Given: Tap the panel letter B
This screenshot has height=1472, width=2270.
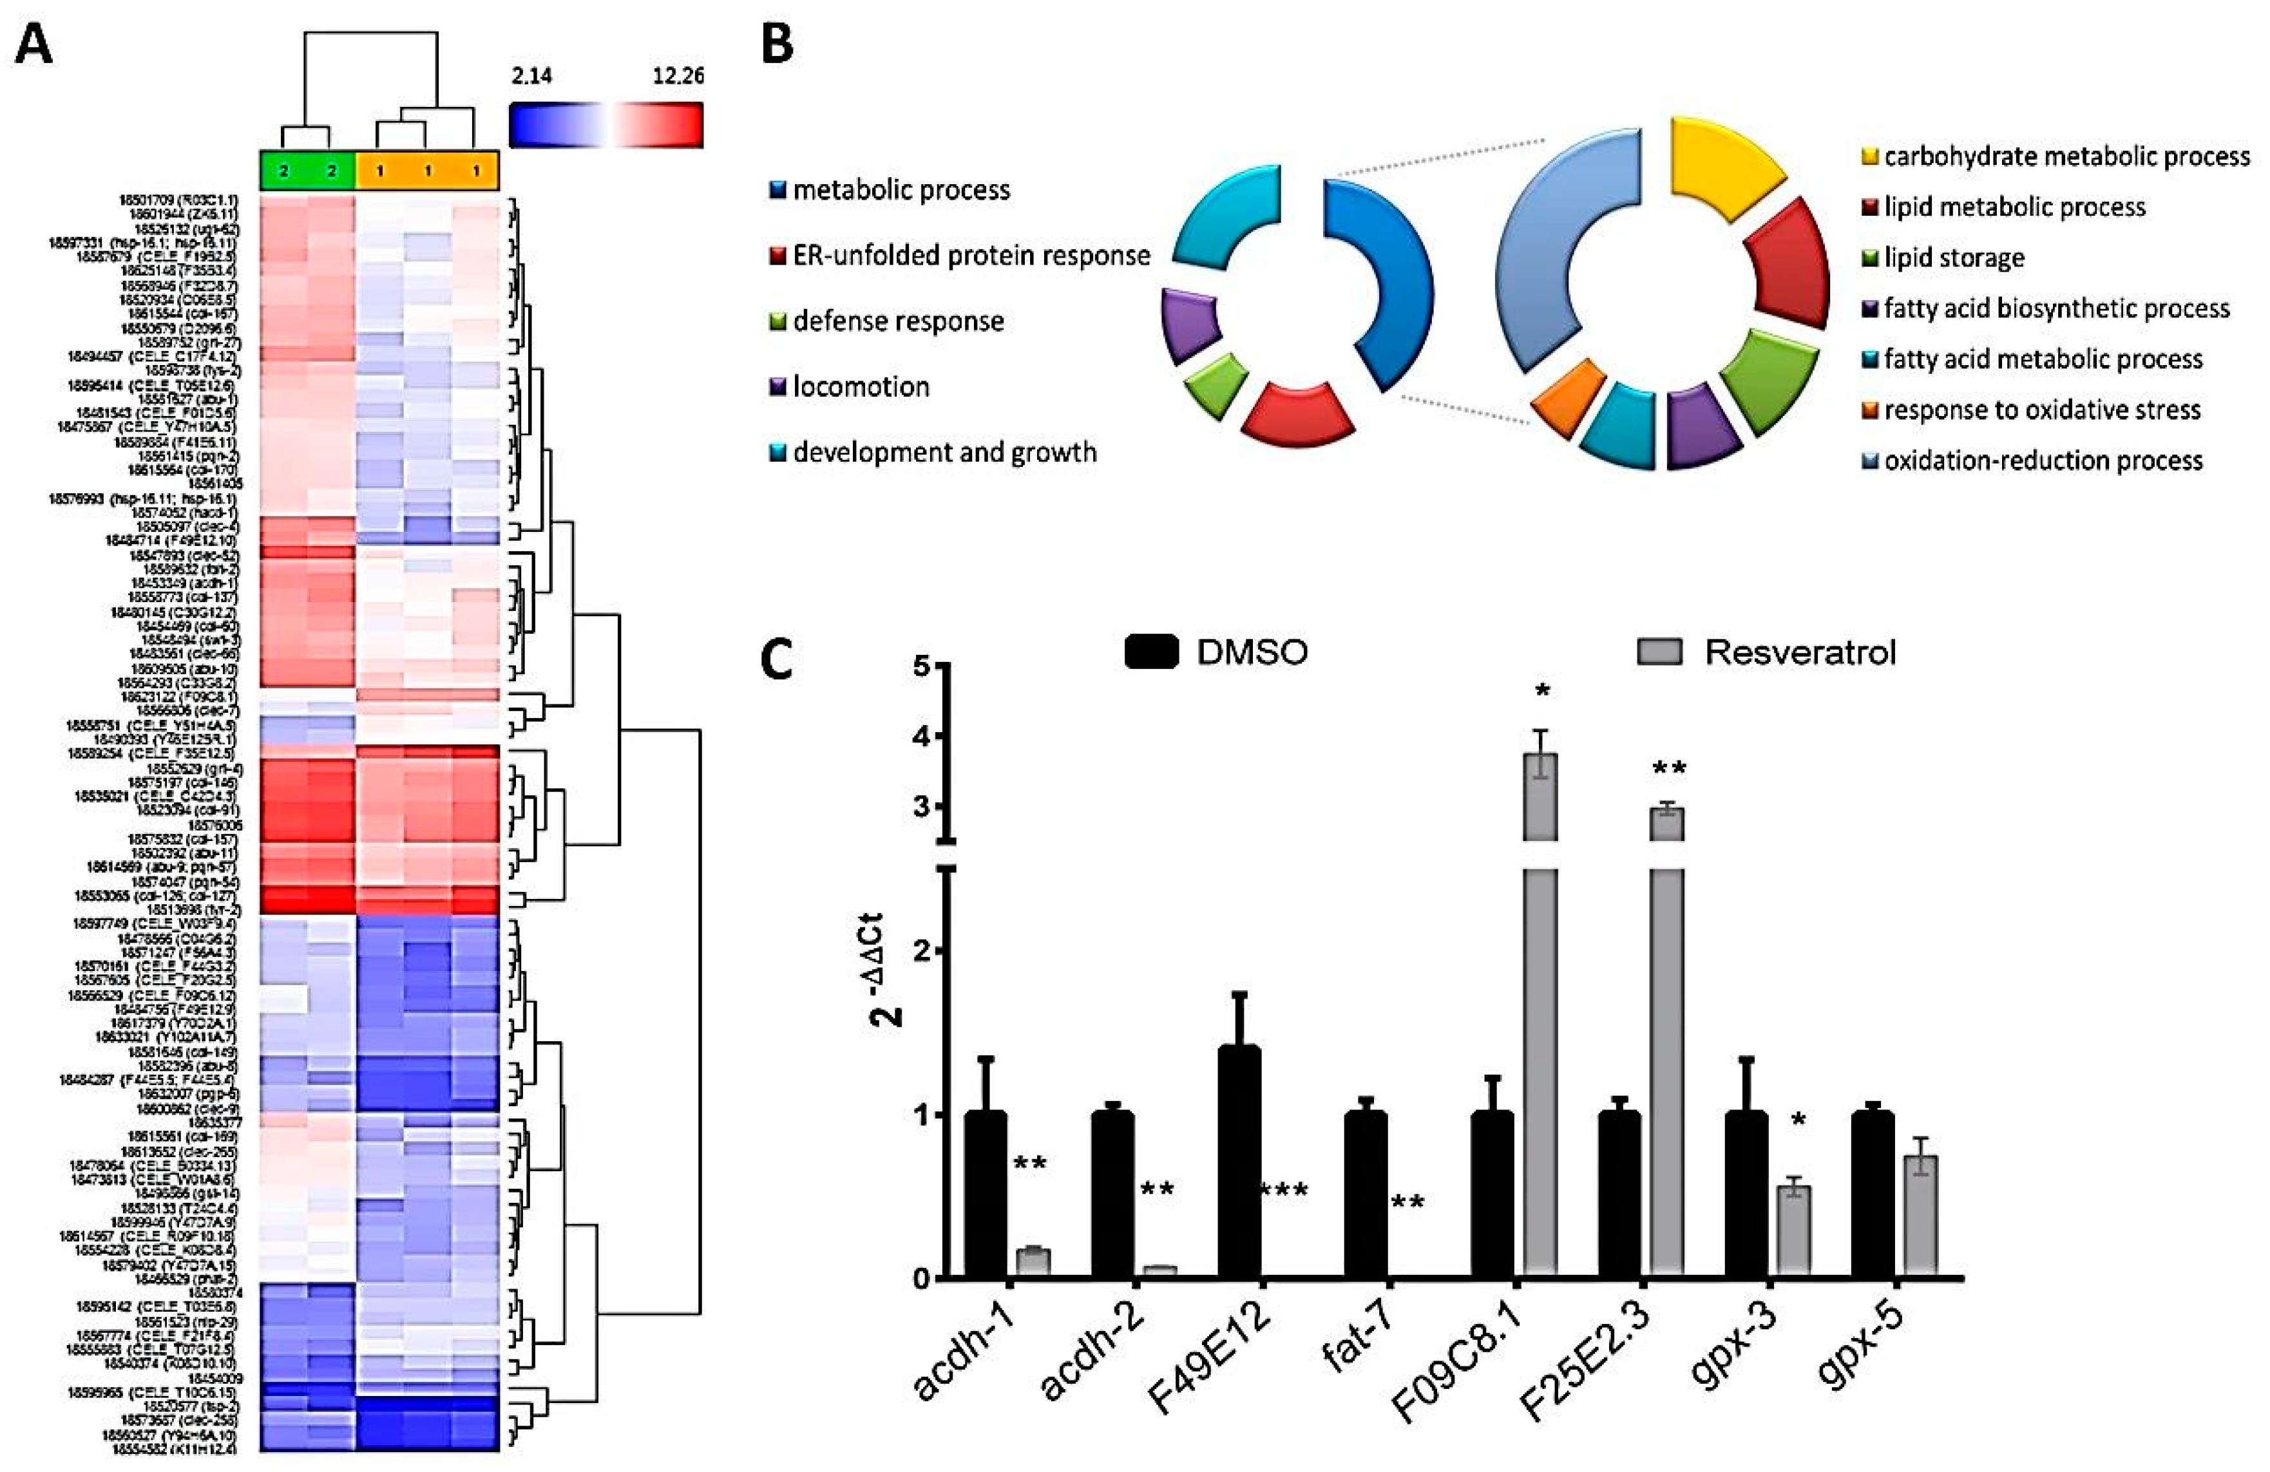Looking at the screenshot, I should [x=777, y=45].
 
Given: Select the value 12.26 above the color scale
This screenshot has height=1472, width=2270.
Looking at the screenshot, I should [x=678, y=76].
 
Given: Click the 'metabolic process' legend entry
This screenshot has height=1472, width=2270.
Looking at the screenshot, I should [x=901, y=191].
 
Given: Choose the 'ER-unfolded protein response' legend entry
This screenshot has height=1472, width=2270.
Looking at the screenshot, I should [x=971, y=256].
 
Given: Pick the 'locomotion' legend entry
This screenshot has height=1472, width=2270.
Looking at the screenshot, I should [x=861, y=387].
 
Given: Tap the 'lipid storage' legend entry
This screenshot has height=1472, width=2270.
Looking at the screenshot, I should [x=1953, y=258].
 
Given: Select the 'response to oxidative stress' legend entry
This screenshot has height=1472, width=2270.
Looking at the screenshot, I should [x=2041, y=410].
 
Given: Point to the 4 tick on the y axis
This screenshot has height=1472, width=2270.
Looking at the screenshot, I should [x=921, y=737].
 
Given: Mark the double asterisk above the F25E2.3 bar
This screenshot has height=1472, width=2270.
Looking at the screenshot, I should [x=1669, y=768].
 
